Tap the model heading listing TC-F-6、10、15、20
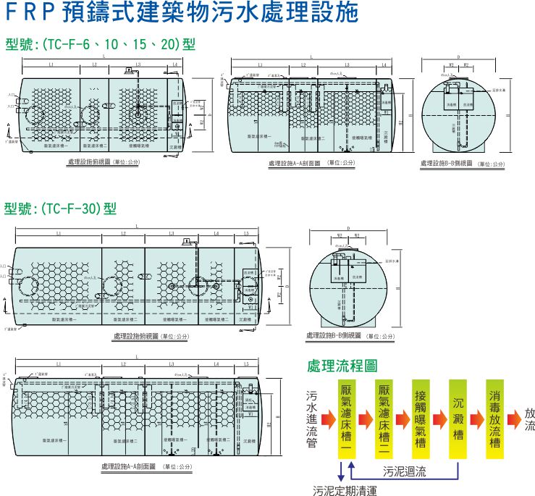pyautogui.click(x=101, y=45)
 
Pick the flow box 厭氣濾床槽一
pyautogui.click(x=346, y=420)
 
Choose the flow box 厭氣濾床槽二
pyautogui.click(x=384, y=420)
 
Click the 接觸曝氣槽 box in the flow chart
pyautogui.click(x=421, y=420)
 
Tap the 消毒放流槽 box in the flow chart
pyautogui.click(x=495, y=420)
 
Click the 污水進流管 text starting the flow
pyautogui.click(x=312, y=420)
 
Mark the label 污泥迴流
pyautogui.click(x=405, y=471)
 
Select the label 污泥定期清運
pyautogui.click(x=345, y=490)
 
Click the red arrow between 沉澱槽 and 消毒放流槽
pyautogui.click(x=476, y=420)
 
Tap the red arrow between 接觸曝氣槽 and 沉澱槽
pyautogui.click(x=439, y=420)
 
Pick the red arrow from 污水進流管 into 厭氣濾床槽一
pyautogui.click(x=328, y=420)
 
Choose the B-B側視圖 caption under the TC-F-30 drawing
pyautogui.click(x=350, y=336)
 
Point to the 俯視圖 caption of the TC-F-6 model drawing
pyautogui.click(x=102, y=162)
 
